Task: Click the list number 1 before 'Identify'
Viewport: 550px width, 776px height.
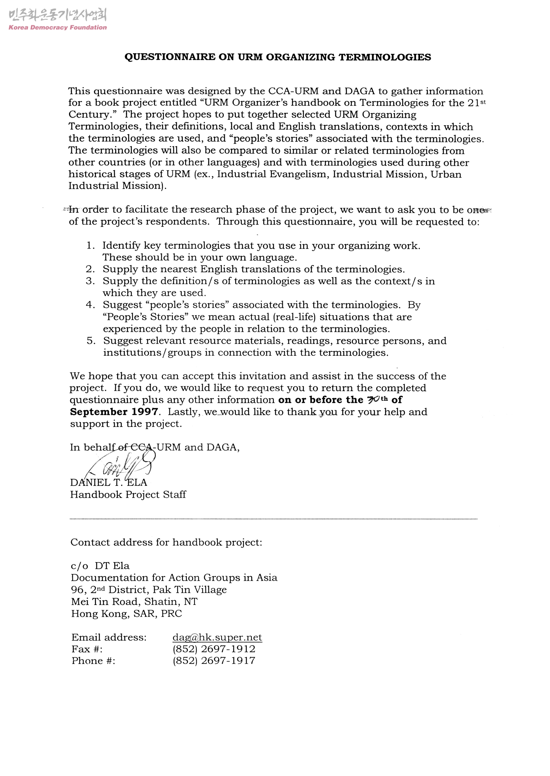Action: [x=90, y=246]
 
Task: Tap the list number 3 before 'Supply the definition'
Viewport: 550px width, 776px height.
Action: [x=90, y=281]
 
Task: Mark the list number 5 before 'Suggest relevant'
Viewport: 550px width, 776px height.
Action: [x=91, y=341]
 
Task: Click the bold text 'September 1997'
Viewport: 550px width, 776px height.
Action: [x=114, y=412]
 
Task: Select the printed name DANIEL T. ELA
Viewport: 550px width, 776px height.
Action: [x=109, y=483]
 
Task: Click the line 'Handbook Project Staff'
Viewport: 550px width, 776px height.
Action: [x=128, y=494]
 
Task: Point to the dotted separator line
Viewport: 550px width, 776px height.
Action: [x=274, y=519]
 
